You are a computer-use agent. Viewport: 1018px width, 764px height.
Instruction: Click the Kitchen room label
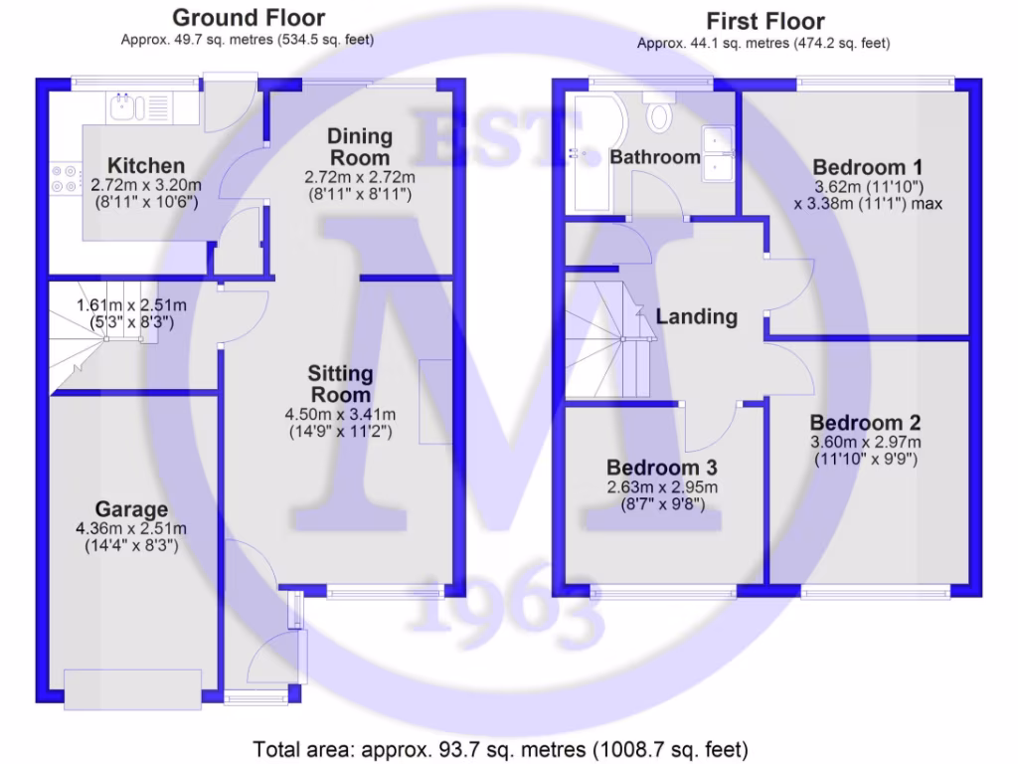[x=146, y=165]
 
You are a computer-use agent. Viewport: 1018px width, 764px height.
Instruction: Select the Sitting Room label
[x=340, y=384]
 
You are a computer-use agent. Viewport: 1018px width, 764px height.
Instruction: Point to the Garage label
[x=131, y=509]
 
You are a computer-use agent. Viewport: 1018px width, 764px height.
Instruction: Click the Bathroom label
[x=655, y=157]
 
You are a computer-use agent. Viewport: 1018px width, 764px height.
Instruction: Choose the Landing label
[x=696, y=317]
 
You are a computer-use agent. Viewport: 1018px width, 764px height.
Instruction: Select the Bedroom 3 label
[x=662, y=468]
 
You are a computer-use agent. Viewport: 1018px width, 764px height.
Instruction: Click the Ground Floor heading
[x=248, y=18]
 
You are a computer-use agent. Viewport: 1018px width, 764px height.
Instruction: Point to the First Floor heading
[x=764, y=21]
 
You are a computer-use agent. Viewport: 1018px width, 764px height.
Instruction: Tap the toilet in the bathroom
[x=658, y=115]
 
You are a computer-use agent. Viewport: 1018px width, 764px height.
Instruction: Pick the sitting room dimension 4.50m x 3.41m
[x=340, y=415]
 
